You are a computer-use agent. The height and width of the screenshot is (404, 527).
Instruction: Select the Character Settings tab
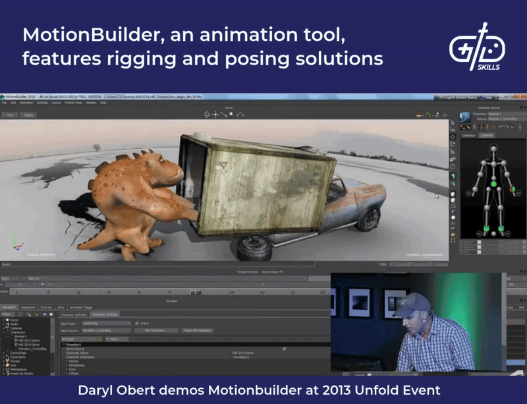[x=103, y=314]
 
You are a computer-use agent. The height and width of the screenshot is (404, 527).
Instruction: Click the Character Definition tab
[x=73, y=314]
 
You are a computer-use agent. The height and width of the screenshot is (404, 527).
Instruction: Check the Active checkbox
[x=137, y=323]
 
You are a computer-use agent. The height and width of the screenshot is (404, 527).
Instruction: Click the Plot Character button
[x=157, y=330]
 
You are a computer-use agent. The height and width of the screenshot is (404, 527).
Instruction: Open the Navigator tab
[x=9, y=307]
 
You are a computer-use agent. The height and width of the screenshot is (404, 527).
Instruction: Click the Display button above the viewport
[x=29, y=115]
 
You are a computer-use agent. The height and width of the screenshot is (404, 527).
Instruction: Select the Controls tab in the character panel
[x=486, y=135]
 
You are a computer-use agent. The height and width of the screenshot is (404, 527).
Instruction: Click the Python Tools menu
[x=72, y=103]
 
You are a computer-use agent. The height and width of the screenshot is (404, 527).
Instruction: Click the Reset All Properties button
[x=197, y=330]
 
